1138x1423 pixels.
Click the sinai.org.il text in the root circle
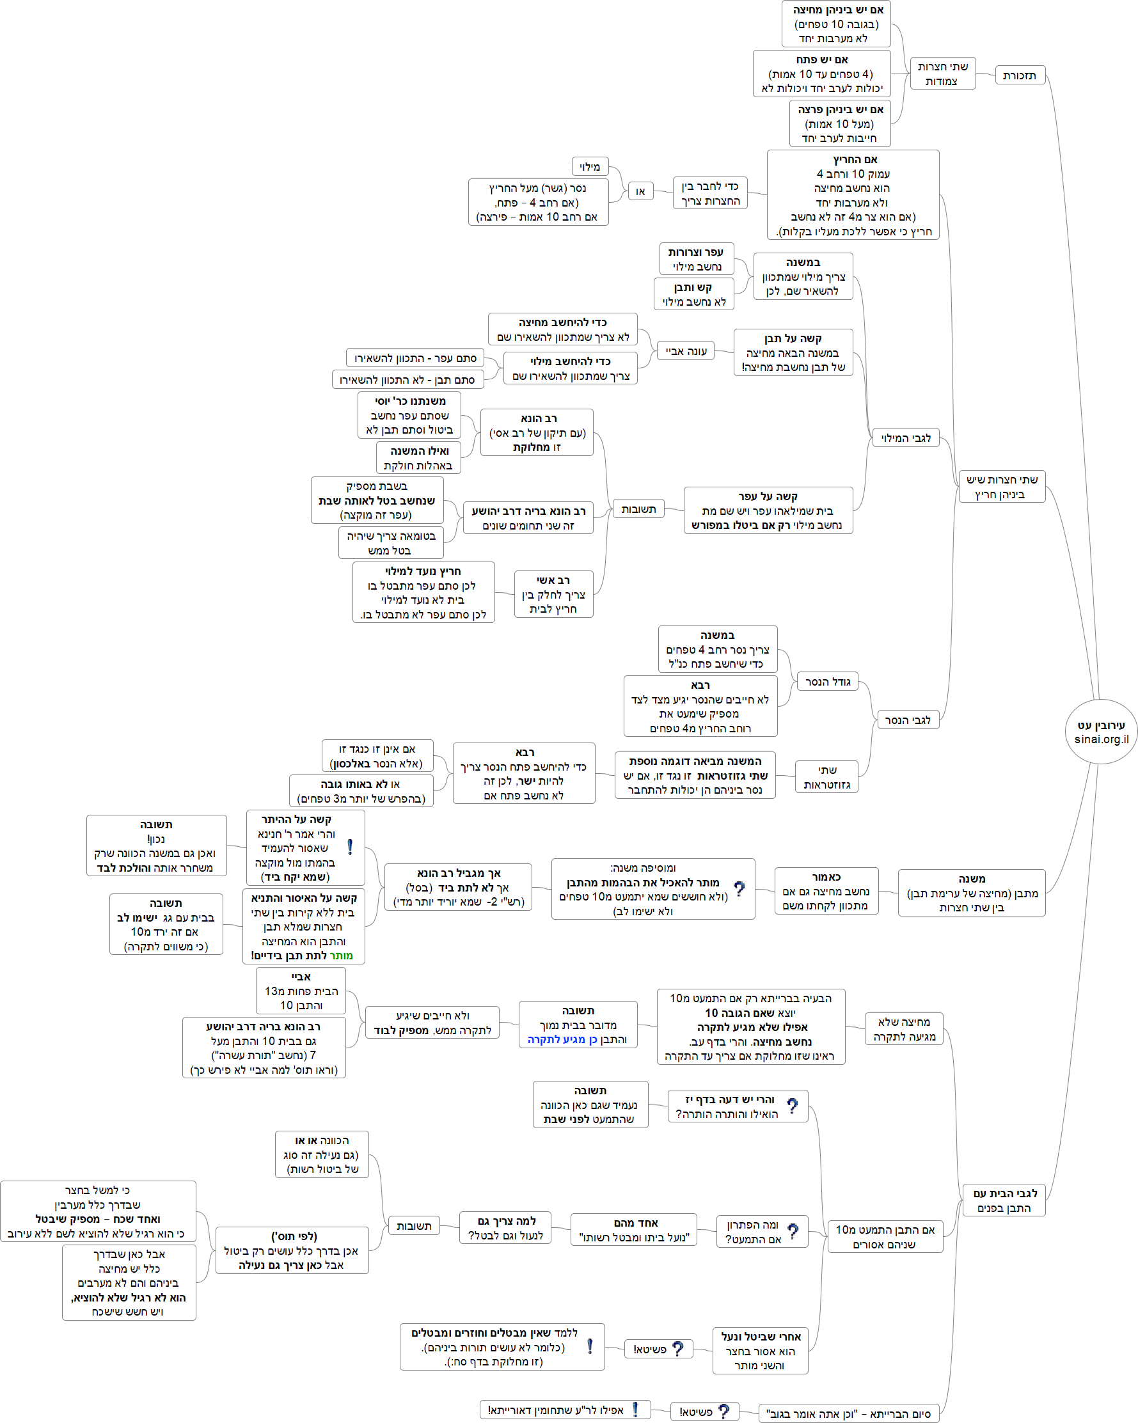(x=1101, y=739)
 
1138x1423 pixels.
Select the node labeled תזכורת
(x=1019, y=75)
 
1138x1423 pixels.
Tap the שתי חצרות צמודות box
(x=942, y=74)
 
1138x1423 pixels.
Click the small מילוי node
(x=589, y=166)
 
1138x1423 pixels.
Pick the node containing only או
(x=640, y=191)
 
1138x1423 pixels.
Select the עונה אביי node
(x=686, y=350)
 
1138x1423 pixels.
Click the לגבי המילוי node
(x=906, y=437)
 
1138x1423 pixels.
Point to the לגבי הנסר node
(x=907, y=719)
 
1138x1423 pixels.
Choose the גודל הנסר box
(x=828, y=682)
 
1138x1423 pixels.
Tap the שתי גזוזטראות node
(x=827, y=777)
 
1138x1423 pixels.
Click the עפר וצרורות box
(x=697, y=259)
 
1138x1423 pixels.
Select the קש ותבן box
(x=694, y=294)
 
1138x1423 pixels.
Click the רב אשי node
(x=553, y=594)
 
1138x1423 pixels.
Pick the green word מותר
(x=340, y=955)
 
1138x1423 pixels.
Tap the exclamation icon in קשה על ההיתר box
(x=350, y=847)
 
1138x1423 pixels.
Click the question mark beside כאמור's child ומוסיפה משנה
(x=739, y=889)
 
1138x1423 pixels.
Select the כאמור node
(x=826, y=891)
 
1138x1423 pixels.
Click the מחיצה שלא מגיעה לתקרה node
(x=904, y=1029)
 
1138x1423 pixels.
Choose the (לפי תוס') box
(x=292, y=1250)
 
